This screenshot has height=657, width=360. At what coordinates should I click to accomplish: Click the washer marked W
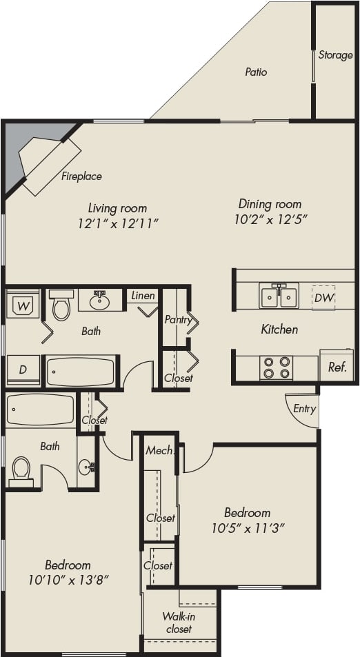(23, 305)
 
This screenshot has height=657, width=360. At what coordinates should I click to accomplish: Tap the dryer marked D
(23, 370)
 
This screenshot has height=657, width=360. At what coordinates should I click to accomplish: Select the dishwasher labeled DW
(323, 298)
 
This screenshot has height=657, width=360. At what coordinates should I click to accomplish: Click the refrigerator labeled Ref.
(337, 367)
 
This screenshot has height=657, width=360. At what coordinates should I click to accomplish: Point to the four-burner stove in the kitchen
(276, 367)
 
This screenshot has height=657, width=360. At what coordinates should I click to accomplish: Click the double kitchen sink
(279, 296)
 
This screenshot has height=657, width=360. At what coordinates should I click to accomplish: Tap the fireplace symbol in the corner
(48, 165)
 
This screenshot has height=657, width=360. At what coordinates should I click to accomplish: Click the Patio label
(256, 72)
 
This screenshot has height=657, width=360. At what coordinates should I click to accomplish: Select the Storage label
(335, 55)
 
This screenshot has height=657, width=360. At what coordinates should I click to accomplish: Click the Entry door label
(304, 409)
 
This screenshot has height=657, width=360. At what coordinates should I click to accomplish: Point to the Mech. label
(158, 450)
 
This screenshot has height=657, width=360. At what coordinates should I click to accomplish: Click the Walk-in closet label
(177, 623)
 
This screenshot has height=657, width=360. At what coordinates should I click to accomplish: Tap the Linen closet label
(143, 296)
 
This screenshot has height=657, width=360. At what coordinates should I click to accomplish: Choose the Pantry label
(178, 320)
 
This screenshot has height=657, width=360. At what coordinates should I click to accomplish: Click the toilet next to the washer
(61, 306)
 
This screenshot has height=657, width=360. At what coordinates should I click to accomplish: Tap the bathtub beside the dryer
(80, 372)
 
